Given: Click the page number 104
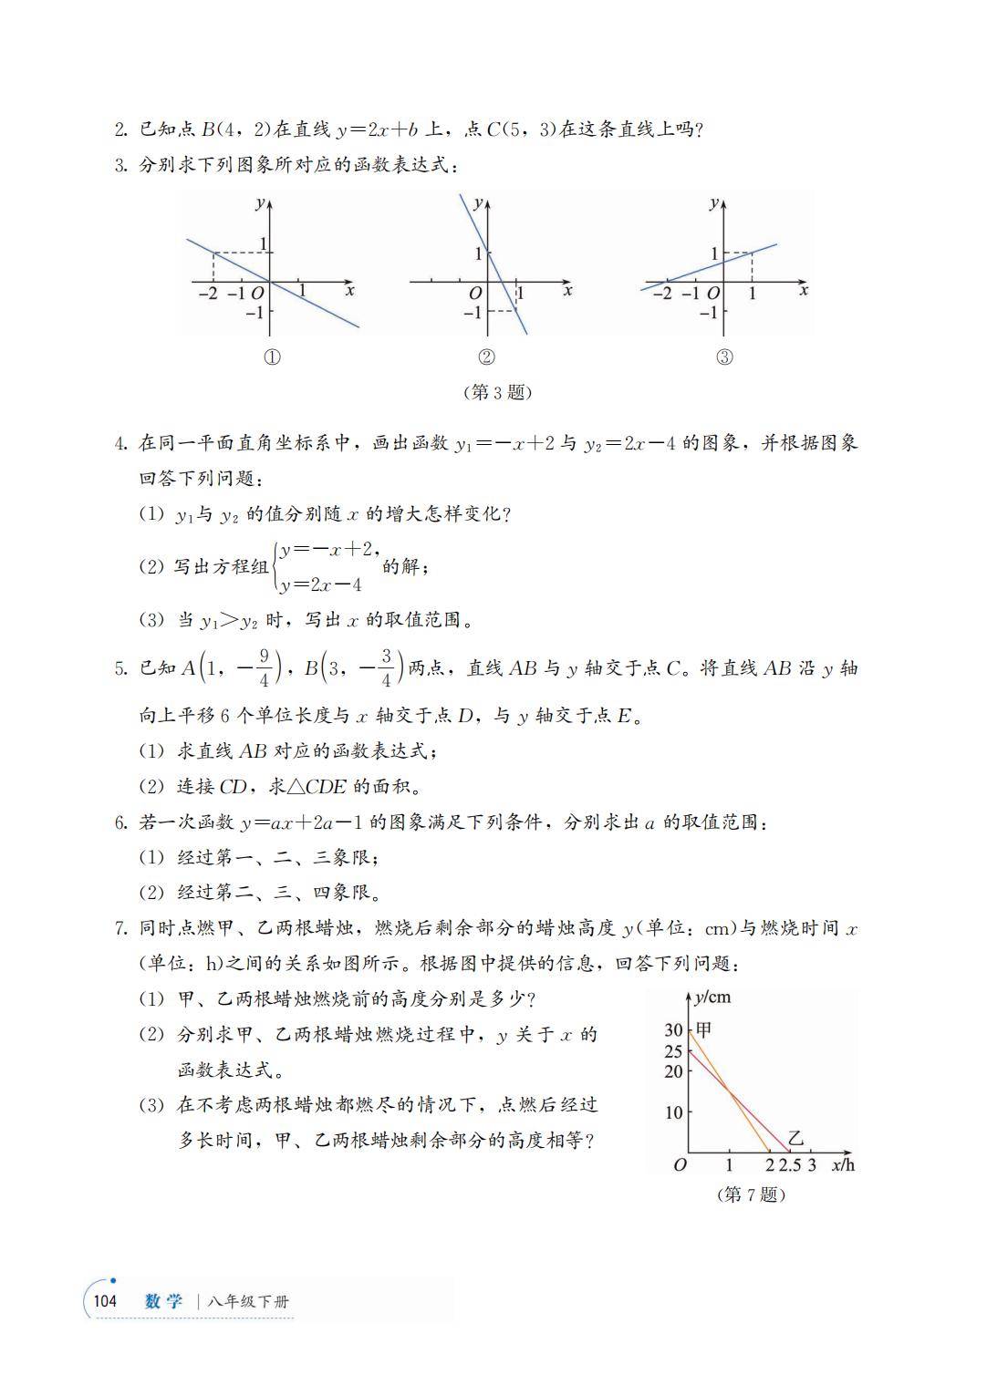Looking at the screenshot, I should (105, 1301).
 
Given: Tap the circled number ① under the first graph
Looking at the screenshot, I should (271, 357).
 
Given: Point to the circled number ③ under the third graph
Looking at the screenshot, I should (724, 357).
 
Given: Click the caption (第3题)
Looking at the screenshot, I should (497, 393).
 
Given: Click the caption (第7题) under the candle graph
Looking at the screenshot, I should (751, 1194).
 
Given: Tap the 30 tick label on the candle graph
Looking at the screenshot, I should (673, 1030).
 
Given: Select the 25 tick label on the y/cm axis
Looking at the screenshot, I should (673, 1051).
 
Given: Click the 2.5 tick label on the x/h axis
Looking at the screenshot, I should (790, 1165).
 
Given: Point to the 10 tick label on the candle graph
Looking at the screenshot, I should (673, 1113).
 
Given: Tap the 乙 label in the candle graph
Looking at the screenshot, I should (796, 1138).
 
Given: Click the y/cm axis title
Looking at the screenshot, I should (712, 997).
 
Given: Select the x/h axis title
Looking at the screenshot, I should (843, 1164).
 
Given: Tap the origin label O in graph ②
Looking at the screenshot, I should (474, 294).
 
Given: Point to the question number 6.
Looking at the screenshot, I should (120, 822).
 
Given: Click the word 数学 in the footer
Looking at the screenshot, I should (163, 1301).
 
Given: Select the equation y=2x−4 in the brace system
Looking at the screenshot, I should (322, 585).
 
